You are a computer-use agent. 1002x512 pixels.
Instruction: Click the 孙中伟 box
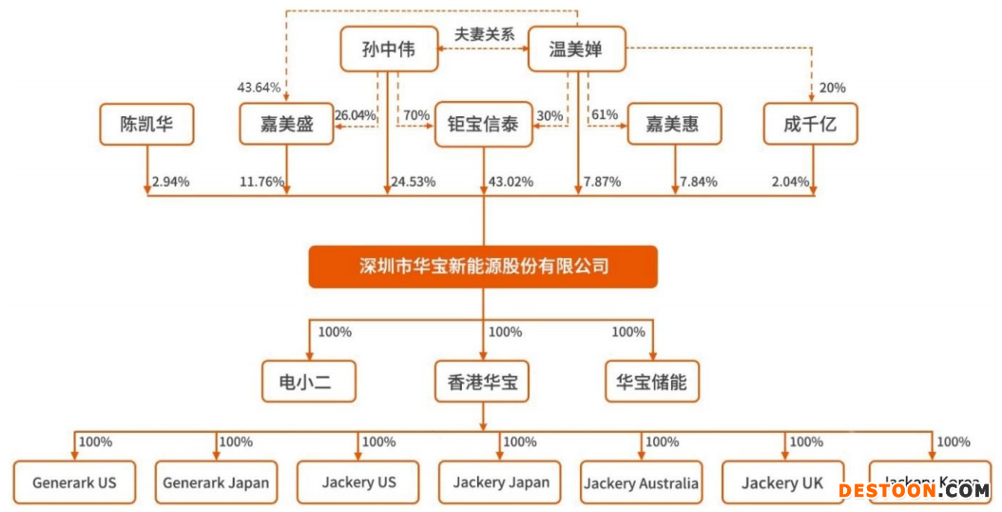point(389,49)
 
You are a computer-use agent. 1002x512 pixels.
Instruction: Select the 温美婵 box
point(576,49)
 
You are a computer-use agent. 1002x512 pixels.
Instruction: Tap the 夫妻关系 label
point(484,33)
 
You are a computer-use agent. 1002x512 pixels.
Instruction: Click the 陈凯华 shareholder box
point(146,125)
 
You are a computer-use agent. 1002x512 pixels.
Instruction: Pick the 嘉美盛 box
point(286,125)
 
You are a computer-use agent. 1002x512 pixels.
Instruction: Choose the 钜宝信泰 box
point(483,125)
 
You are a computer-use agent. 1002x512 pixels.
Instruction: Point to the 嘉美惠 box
point(674,125)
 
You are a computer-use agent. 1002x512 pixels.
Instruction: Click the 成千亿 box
point(811,125)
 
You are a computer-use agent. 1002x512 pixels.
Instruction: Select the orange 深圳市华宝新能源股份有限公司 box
point(483,266)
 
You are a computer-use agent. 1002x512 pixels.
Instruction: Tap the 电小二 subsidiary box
point(310,383)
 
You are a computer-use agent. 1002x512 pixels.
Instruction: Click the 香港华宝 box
point(482,383)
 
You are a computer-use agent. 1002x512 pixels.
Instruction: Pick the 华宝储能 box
point(651,383)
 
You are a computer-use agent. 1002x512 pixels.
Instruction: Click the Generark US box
point(74,482)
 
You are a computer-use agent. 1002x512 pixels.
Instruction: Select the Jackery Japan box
point(501,482)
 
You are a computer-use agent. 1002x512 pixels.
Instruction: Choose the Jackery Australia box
point(642,483)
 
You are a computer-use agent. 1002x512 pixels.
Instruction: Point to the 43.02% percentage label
point(510,182)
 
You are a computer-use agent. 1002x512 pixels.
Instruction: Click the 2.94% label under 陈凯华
point(171,182)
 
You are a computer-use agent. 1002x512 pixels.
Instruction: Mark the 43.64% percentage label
point(259,88)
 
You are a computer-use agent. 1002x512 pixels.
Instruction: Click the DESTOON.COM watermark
point(914,491)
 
